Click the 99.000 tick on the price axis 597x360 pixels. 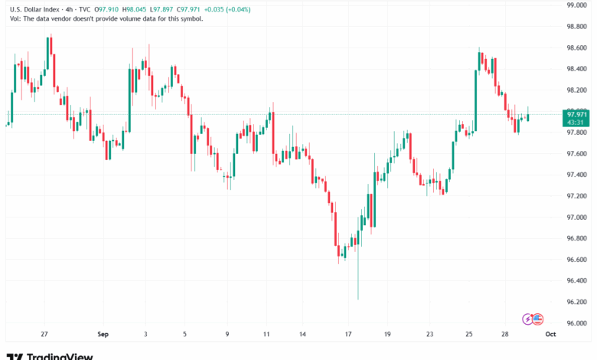tap(576, 5)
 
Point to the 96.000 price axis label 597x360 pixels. tap(576, 322)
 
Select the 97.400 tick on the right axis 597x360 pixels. tap(576, 175)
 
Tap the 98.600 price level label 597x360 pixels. tap(576, 47)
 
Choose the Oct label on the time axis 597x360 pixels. tap(550, 334)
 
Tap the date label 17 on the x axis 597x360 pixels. tap(348, 334)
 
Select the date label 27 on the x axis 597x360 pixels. tap(45, 334)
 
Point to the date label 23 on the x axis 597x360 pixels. tap(430, 334)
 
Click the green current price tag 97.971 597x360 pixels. tap(576, 114)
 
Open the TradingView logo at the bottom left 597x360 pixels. tap(50, 355)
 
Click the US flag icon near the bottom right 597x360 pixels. tap(537, 319)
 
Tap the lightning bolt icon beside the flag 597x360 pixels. tap(527, 319)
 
